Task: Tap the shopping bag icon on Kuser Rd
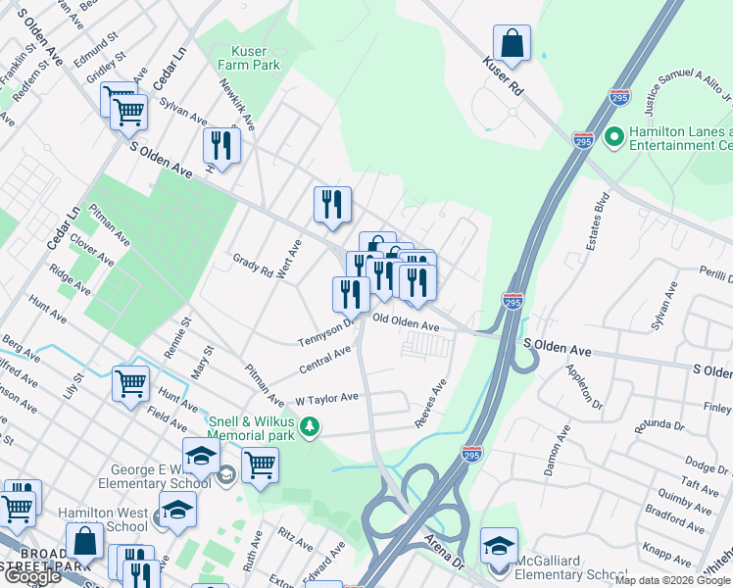[x=512, y=43]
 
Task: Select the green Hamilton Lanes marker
[x=615, y=136]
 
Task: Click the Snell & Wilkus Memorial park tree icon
[x=310, y=426]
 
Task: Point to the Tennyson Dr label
[x=325, y=332]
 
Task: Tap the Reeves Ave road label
[x=429, y=404]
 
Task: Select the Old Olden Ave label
[x=405, y=322]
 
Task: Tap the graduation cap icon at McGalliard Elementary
[x=499, y=545]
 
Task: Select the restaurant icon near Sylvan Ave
[x=221, y=146]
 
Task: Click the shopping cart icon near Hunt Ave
[x=130, y=383]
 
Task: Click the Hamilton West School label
[x=103, y=519]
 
